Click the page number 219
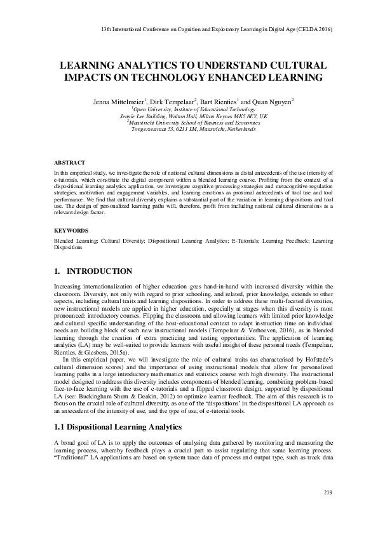tap(328, 493)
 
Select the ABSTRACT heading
tap(68, 162)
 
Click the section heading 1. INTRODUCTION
tap(93, 271)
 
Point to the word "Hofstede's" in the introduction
tap(311, 342)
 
